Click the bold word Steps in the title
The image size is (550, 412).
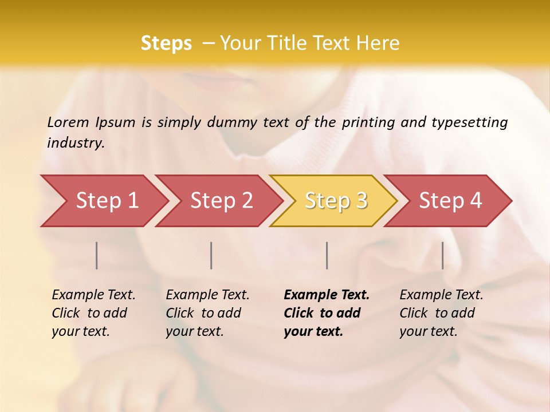pyautogui.click(x=166, y=43)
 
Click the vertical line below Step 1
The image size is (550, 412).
pyautogui.click(x=97, y=255)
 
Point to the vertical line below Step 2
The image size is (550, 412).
pyautogui.click(x=211, y=255)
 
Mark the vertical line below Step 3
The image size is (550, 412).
pyautogui.click(x=327, y=255)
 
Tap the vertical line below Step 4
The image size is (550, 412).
pyautogui.click(x=443, y=255)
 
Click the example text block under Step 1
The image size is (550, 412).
pyautogui.click(x=93, y=313)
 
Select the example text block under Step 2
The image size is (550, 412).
pyautogui.click(x=207, y=313)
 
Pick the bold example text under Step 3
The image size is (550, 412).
pyautogui.click(x=327, y=313)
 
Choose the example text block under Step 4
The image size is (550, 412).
pyautogui.click(x=441, y=313)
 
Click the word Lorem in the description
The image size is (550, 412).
pyautogui.click(x=68, y=122)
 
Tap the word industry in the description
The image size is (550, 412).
pyautogui.click(x=76, y=143)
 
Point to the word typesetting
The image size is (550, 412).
pyautogui.click(x=469, y=122)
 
